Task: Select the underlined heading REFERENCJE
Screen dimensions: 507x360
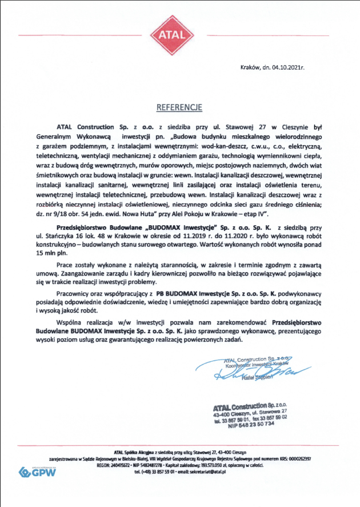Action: click(179, 107)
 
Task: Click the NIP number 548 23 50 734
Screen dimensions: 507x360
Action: click(251, 425)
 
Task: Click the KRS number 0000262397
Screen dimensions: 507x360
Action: click(293, 458)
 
